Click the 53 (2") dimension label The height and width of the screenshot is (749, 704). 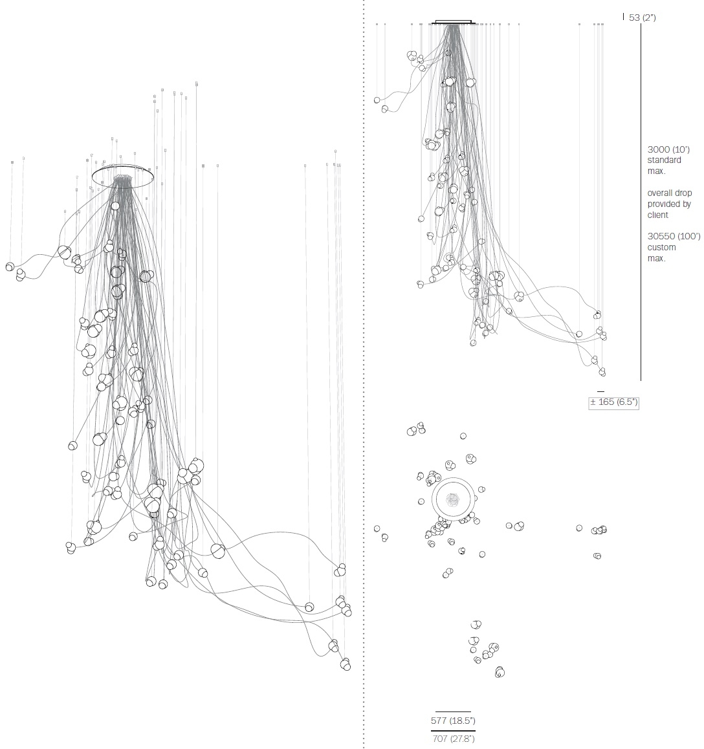643,17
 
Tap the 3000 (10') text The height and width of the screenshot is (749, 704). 668,149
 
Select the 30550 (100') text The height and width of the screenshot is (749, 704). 674,236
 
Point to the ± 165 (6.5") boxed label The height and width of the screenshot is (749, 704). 613,402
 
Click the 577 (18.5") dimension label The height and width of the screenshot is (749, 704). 453,721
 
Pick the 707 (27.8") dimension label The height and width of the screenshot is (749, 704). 453,739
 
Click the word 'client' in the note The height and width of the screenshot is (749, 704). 657,215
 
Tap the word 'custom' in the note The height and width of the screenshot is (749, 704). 661,248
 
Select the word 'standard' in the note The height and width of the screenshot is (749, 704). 665,160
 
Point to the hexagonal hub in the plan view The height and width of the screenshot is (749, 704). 452,499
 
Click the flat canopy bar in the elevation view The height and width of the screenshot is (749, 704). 453,22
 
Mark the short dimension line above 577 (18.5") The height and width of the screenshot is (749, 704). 453,711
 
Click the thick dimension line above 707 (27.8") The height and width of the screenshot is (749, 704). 453,731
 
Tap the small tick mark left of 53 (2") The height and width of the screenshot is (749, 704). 623,17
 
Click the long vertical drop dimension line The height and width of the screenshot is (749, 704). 641,202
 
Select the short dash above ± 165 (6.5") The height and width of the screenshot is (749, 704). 600,392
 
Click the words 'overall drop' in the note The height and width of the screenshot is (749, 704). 670,193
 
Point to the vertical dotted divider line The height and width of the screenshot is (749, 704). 364,374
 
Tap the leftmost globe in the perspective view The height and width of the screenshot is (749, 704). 10,266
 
